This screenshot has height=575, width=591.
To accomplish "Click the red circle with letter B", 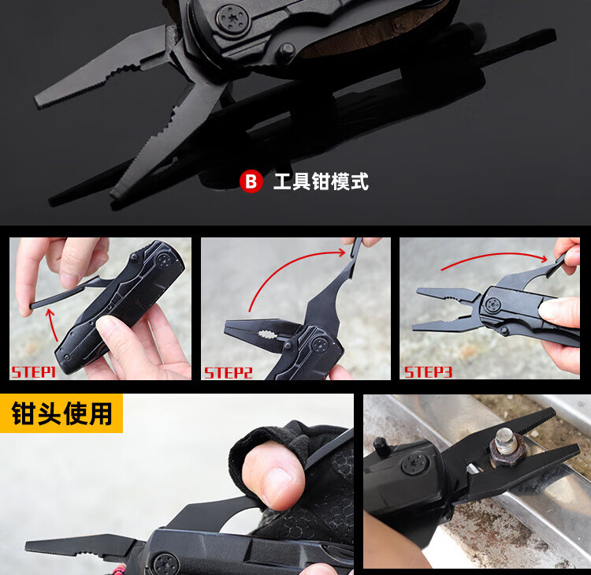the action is (251, 181).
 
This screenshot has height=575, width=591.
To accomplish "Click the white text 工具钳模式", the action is (321, 181).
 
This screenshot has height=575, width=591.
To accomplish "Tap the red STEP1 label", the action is (34, 372).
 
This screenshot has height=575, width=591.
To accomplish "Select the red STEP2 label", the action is (228, 373).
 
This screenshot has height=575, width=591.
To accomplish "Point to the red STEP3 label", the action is (428, 372).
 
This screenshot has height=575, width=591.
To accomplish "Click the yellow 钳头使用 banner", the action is (61, 413).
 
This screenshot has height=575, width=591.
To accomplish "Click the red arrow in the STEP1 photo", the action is (52, 324).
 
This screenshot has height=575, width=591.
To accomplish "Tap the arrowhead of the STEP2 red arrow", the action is (342, 252).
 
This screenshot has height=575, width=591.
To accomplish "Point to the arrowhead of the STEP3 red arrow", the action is (543, 259).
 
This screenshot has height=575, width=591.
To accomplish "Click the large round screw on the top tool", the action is (232, 18).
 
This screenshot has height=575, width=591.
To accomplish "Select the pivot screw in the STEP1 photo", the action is (165, 260).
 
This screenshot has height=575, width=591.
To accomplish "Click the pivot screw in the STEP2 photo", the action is (320, 345).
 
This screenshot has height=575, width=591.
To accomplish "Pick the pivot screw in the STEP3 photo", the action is (493, 304).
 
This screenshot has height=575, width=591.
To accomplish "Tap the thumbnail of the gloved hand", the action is (278, 486).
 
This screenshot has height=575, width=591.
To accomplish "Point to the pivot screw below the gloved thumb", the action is (165, 564).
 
